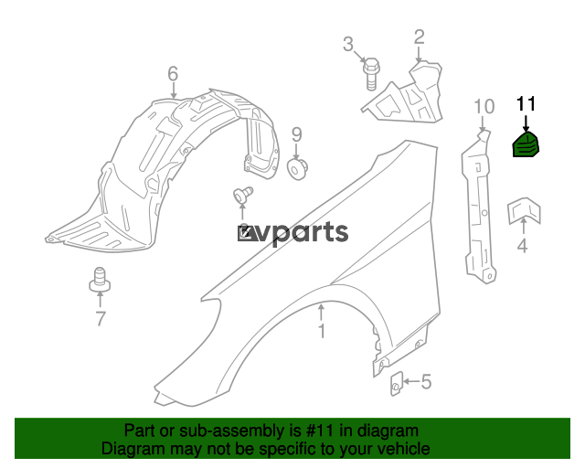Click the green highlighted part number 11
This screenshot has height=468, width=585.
coord(526,144)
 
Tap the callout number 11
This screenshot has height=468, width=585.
coord(526,104)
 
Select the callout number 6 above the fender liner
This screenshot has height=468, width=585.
coord(173,74)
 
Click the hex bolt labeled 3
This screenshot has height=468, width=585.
coord(371,74)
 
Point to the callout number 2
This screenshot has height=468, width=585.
coord(420,37)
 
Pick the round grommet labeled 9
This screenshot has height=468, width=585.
coord(297,169)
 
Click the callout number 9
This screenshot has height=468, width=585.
coord(296,134)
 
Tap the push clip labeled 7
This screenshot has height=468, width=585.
coord(100,280)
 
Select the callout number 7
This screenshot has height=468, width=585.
coord(101,318)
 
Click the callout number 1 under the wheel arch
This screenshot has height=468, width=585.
coord(322,331)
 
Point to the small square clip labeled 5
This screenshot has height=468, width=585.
coord(396,384)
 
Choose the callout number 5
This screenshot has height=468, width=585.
coord(426,382)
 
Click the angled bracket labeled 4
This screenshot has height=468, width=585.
coord(524,211)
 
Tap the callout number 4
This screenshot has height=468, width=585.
coord(523,246)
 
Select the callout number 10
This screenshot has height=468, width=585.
coord(484,107)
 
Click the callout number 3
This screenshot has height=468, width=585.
coord(348,45)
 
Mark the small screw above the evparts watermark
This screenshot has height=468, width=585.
coord(243,196)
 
